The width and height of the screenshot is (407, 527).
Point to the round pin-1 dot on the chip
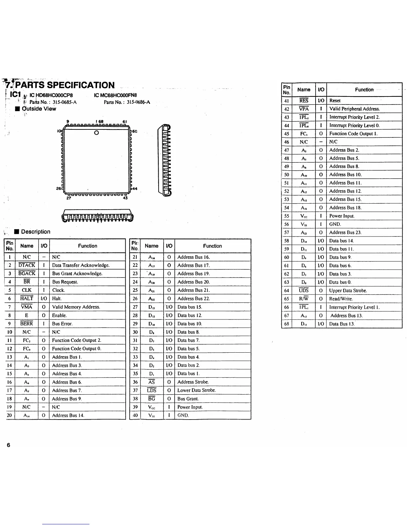point(96,133)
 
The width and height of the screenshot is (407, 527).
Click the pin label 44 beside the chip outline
point(135,189)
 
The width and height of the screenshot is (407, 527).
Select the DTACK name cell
point(27,265)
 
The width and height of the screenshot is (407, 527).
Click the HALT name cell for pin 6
point(27,298)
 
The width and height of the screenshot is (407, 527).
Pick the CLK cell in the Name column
point(27,290)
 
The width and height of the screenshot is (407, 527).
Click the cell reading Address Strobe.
point(193,382)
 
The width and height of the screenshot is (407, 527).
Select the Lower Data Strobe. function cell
point(197,390)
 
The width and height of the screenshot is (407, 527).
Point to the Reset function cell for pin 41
point(335,100)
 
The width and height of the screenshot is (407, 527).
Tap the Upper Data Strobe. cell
point(348,290)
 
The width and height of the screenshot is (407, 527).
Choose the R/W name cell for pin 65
point(304,299)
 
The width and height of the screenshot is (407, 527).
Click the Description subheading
point(36,232)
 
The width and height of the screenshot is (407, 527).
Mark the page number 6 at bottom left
point(8,445)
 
